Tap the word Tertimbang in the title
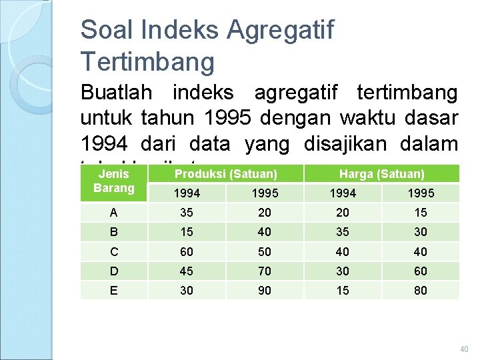(x=147, y=61)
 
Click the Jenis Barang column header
(x=113, y=181)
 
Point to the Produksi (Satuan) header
(x=225, y=174)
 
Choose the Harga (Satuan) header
(x=381, y=174)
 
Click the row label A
(x=113, y=213)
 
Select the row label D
(x=113, y=271)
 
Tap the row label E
(x=113, y=290)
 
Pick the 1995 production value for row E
(x=265, y=290)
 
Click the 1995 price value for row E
(x=420, y=290)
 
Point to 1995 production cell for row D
(x=265, y=271)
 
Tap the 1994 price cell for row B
(x=343, y=232)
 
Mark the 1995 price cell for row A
(x=420, y=213)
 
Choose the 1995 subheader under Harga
(x=420, y=193)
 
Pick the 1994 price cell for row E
(x=343, y=290)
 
